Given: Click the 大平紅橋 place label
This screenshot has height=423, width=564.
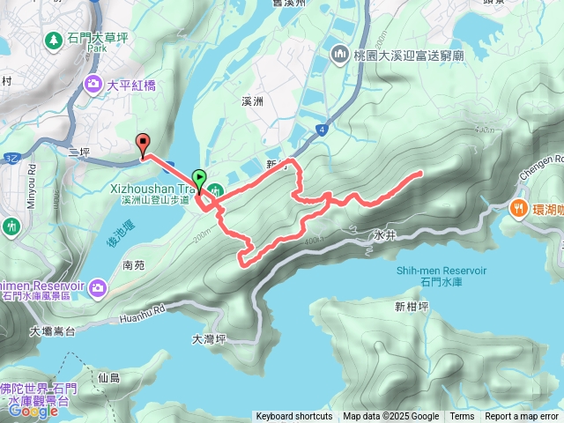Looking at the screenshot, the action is (x=133, y=85).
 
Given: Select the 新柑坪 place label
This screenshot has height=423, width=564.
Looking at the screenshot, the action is (x=412, y=308).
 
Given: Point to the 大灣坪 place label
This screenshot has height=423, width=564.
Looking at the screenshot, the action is (x=209, y=338).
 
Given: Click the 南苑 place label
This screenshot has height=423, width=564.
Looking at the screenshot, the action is (x=134, y=264).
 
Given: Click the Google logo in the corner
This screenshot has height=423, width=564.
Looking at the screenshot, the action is (x=33, y=411).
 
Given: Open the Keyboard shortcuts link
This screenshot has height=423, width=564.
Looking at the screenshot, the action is (x=294, y=417).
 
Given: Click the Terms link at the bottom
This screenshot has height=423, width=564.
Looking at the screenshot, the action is (x=462, y=417).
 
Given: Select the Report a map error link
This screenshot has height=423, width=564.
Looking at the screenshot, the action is (x=522, y=417).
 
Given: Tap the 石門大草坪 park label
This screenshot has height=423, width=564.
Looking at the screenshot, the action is (x=99, y=39).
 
